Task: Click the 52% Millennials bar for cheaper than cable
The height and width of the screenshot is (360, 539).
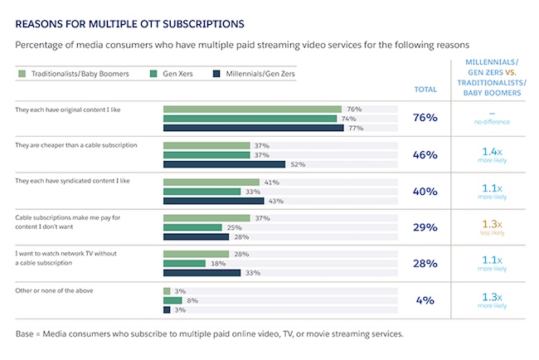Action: (224, 164)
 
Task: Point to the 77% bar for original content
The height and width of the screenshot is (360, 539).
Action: (253, 128)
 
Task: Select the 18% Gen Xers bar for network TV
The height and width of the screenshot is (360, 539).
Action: (184, 263)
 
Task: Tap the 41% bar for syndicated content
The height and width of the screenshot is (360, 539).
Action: (211, 182)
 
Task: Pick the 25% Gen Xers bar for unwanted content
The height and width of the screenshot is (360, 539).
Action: (192, 226)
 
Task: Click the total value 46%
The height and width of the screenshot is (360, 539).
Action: (425, 154)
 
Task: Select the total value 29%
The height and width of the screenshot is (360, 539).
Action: (425, 226)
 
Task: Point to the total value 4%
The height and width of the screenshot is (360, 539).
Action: (425, 299)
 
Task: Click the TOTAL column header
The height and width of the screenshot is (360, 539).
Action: (425, 90)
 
